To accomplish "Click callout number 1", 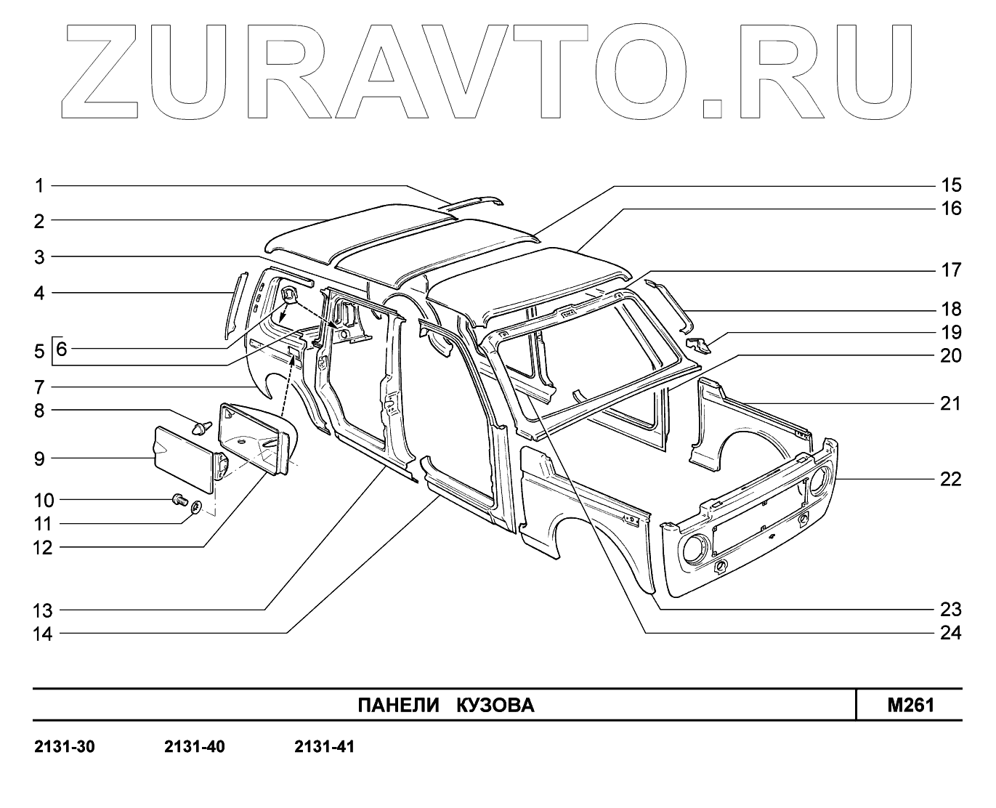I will pos(40,186).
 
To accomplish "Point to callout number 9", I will pos(40,458).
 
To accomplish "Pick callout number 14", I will pos(43,634).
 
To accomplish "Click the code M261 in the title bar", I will pos(910,705).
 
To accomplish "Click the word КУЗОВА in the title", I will pos(495,706).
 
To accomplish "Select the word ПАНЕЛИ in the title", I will pos(398,706).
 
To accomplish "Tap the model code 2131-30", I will pos(65,746).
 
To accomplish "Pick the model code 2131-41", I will pos(324,746).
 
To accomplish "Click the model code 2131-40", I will pos(195,746).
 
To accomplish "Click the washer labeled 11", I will pos(196,508).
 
